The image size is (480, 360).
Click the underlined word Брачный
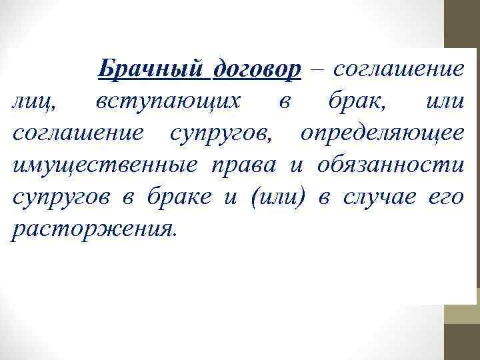click(x=150, y=69)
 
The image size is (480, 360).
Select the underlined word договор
click(x=257, y=69)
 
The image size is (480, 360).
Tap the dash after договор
click(x=315, y=69)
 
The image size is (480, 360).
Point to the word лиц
click(x=32, y=101)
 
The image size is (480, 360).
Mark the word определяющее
click(x=381, y=133)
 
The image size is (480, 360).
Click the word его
click(x=446, y=198)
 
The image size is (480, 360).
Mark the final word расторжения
click(x=94, y=230)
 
